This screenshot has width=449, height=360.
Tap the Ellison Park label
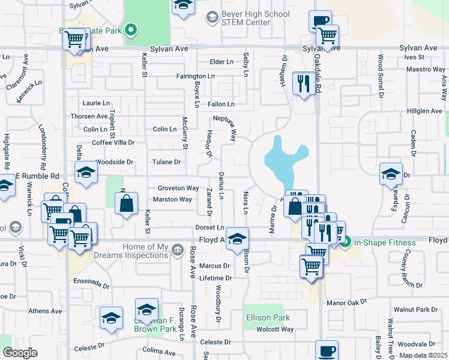tap(268, 317)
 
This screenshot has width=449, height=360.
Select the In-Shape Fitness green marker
tap(345, 242)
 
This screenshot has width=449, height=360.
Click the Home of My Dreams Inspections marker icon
tap(177, 250)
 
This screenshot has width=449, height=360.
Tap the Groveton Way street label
tap(178, 188)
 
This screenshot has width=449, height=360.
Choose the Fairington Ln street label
tap(195, 76)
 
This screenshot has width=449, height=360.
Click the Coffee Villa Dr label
tap(113, 142)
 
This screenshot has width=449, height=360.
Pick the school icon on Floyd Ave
tap(238, 239)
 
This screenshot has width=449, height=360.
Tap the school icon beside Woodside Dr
tap(86, 172)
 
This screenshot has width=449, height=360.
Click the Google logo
tap(20, 353)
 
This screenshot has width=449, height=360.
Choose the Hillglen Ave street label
tap(424, 111)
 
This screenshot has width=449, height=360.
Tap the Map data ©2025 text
tap(423, 355)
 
